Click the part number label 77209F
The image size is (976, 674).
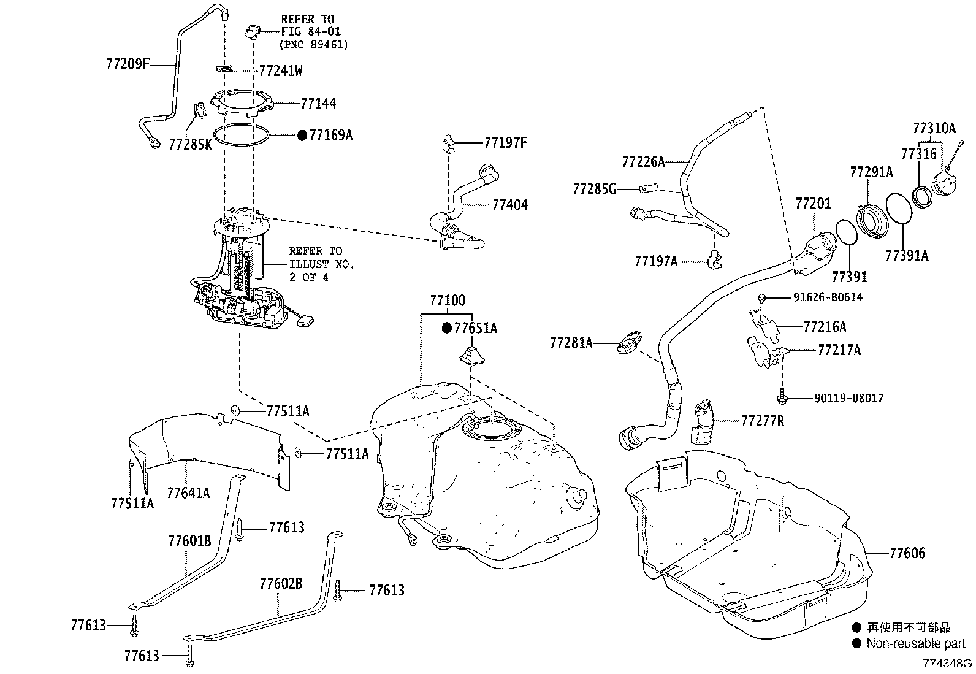[128, 64]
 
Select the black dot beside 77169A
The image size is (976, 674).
[302, 135]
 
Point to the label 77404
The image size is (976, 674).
[509, 205]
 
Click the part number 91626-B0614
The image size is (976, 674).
[828, 297]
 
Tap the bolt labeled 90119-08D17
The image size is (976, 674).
[782, 399]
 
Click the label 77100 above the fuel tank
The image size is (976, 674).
[447, 301]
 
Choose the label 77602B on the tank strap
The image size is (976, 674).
[281, 583]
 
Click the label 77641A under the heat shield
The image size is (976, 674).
[188, 492]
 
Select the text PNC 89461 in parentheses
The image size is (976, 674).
[314, 44]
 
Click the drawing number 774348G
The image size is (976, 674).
[948, 663]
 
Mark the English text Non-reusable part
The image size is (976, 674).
[916, 643]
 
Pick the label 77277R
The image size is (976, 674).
[762, 421]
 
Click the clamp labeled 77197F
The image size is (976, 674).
[449, 144]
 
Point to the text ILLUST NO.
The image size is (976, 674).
[321, 264]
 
